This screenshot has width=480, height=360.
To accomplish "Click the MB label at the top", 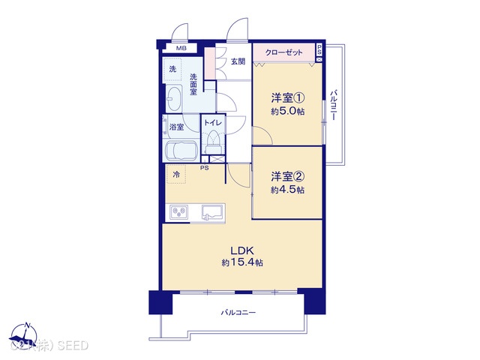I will click(180, 49).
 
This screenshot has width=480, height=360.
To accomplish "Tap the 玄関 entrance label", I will click(238, 61).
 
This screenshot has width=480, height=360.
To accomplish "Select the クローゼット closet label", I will click(283, 52).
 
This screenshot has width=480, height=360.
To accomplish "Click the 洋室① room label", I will click(287, 97).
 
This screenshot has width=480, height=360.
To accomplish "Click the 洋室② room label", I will click(287, 177).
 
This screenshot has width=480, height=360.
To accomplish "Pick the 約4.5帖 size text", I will click(287, 190).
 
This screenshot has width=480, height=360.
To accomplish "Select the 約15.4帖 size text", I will click(241, 263).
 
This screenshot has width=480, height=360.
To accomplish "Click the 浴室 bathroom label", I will click(176, 127).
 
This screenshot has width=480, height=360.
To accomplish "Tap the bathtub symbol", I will click(180, 151).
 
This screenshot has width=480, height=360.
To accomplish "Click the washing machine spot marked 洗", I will click(173, 69).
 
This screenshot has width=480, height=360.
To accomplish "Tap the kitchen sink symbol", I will click(212, 213).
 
